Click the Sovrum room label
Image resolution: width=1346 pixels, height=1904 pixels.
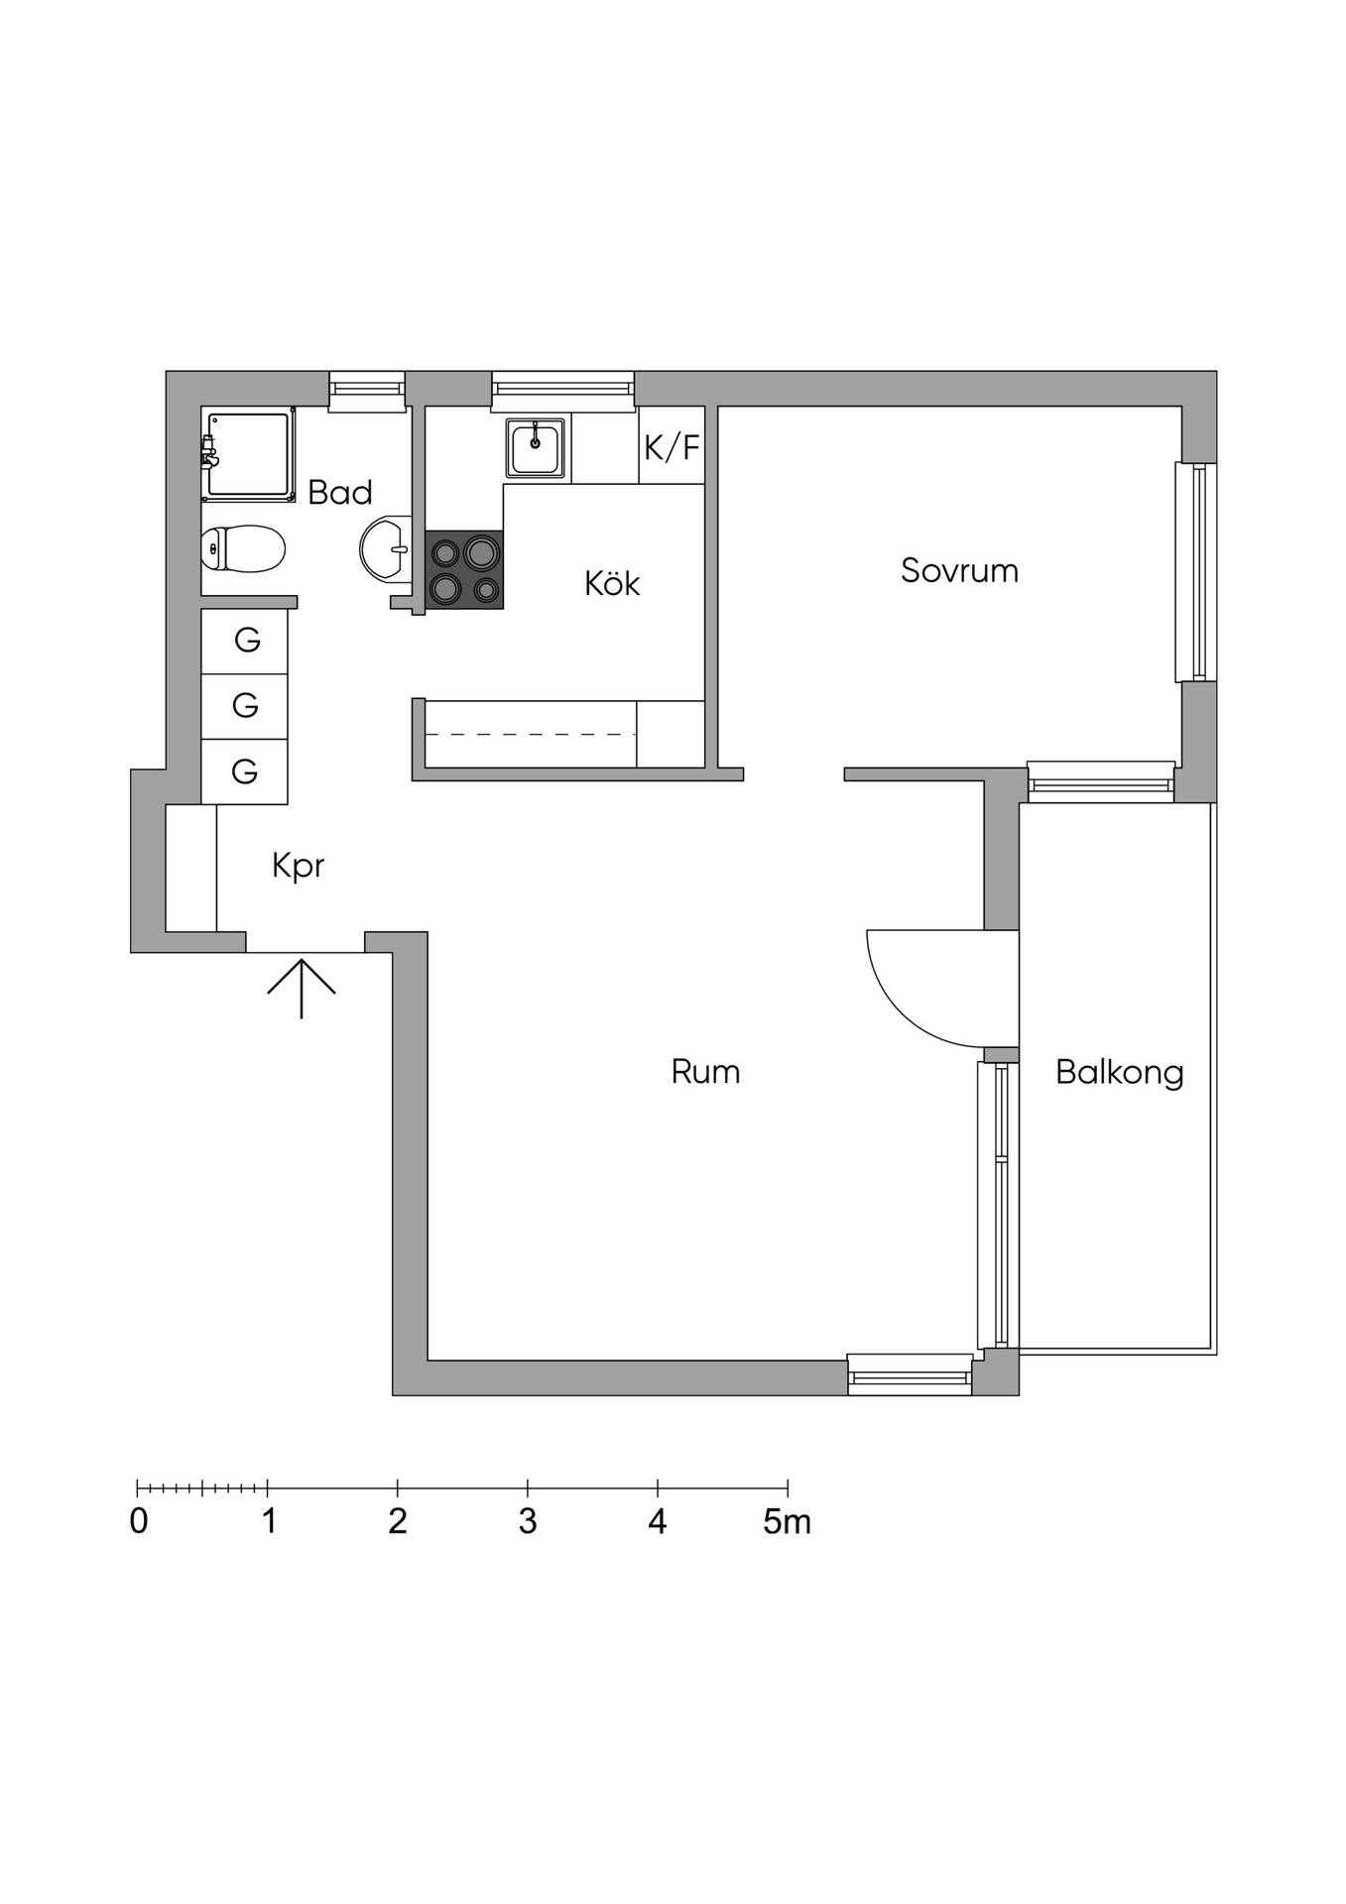(959, 571)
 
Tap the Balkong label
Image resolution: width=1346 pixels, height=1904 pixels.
(1120, 1073)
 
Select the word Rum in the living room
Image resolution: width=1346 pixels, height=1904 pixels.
(705, 1072)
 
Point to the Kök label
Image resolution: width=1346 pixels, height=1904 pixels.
(612, 582)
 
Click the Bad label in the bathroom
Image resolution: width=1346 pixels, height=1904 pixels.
(340, 492)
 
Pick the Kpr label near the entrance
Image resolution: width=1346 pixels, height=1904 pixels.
(299, 866)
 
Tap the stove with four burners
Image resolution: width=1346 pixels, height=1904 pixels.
(464, 570)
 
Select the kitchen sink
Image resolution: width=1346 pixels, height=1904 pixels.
(536, 447)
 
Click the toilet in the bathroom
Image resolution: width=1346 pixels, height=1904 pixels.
(243, 549)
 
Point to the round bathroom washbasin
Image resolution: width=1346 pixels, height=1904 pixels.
(385, 548)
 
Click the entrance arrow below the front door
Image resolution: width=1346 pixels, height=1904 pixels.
(302, 989)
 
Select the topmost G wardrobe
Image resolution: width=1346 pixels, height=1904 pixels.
(245, 641)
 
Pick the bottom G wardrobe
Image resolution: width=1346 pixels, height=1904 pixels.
(245, 772)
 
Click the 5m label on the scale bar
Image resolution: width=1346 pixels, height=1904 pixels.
(788, 1522)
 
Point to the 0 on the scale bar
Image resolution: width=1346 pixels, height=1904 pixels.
(139, 1522)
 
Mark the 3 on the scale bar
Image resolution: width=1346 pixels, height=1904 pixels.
(528, 1522)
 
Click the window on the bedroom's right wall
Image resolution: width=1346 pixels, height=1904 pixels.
(1196, 572)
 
